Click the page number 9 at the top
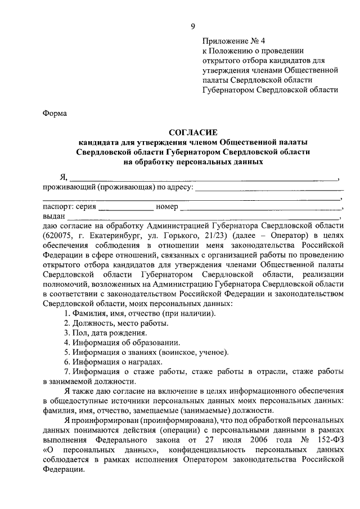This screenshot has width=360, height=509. [193, 26]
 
